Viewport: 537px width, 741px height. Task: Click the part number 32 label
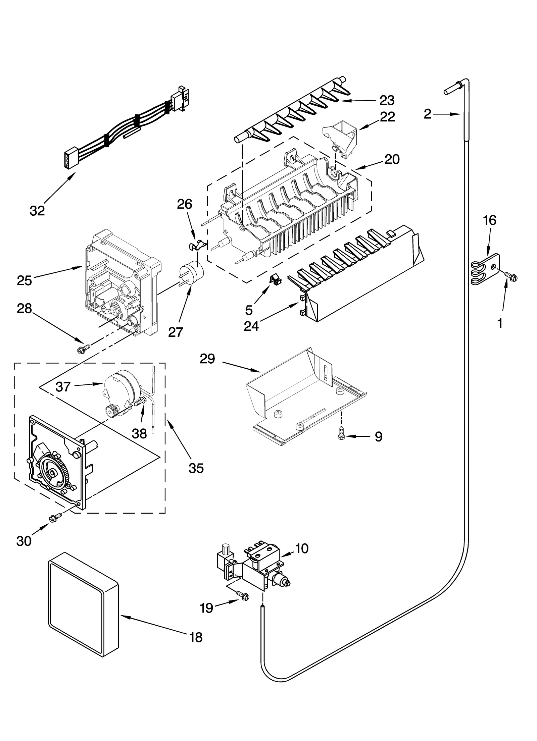(x=37, y=211)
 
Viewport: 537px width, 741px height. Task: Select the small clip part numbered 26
(x=195, y=246)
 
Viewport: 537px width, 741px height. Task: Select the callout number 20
(x=392, y=159)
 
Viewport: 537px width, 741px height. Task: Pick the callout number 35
(x=196, y=468)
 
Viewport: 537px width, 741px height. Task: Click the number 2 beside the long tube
(x=427, y=114)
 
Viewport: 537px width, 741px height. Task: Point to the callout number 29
(x=207, y=359)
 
